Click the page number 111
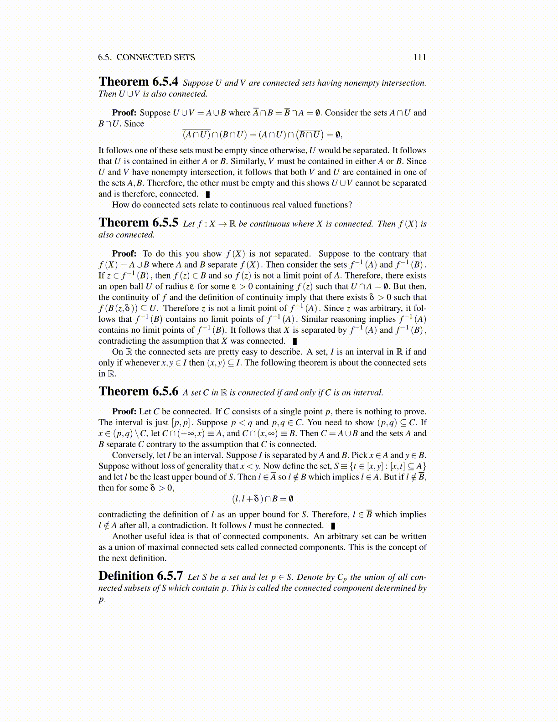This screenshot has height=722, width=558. (x=419, y=57)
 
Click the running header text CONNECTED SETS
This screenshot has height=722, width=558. (x=155, y=57)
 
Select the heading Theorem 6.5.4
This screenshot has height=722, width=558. (x=138, y=82)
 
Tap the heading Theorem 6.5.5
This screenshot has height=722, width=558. (x=138, y=223)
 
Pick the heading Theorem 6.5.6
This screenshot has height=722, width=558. (x=138, y=392)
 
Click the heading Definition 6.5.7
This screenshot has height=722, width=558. (x=140, y=576)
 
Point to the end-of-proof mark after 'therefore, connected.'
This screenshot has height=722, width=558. (x=208, y=194)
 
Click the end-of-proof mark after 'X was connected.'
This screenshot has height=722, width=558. (x=295, y=341)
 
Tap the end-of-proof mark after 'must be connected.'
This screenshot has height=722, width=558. (x=333, y=526)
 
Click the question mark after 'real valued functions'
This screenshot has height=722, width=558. (x=350, y=205)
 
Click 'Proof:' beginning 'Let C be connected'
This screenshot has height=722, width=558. (x=124, y=411)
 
